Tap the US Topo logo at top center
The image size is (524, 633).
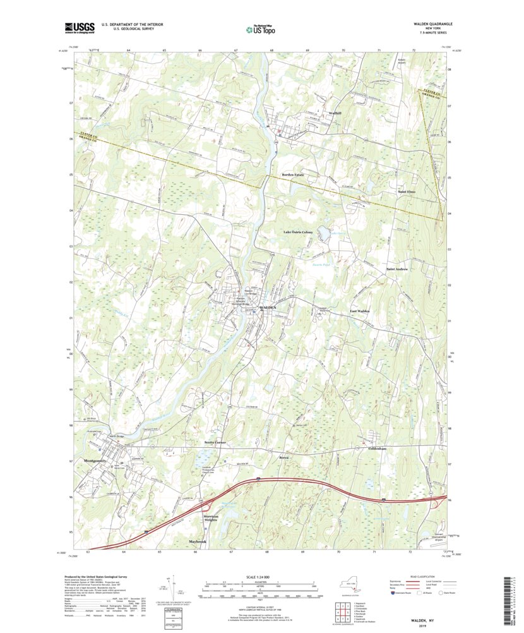point(261,28)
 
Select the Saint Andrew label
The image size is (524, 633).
point(397,269)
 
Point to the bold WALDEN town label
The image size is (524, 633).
point(266,306)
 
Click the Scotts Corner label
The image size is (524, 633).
point(215,443)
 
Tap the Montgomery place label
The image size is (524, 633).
point(97,462)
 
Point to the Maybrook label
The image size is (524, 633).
point(198,542)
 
